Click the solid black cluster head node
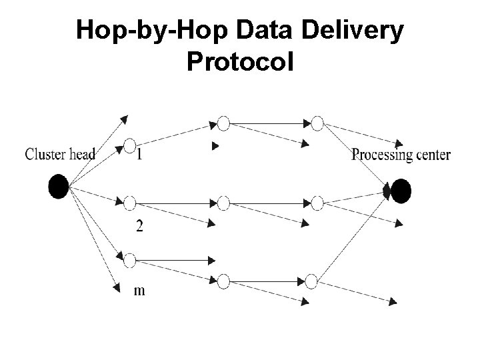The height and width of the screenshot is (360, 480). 59,187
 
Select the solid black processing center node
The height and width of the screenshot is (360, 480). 401,191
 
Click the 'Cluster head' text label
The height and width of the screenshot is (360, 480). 60,155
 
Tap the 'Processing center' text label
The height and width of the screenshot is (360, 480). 401,155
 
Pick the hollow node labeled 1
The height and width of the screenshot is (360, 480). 130,145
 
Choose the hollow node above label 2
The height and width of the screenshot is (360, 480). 130,203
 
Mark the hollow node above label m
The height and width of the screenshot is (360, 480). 130,259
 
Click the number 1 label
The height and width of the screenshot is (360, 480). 139,155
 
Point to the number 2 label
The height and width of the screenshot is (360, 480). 139,227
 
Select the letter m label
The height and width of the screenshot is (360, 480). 140,290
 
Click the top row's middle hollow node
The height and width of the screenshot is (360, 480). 223,123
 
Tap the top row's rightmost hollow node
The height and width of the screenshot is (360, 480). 317,123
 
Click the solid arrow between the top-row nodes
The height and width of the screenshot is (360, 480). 270,123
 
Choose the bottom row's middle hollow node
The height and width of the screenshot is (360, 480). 223,281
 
